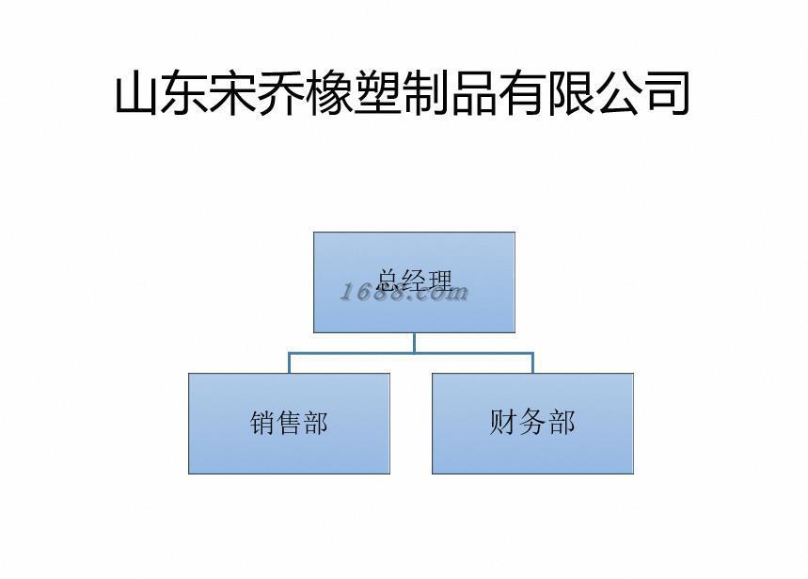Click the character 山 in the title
tap(138, 94)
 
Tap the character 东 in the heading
tap(185, 94)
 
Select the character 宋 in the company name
tap(234, 94)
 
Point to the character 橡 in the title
tap(330, 94)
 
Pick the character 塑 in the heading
tap(378, 94)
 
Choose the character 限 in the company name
tap(571, 94)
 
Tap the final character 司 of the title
tap(667, 94)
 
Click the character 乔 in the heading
tap(282, 94)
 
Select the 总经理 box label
tap(414, 279)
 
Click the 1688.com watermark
tap(404, 293)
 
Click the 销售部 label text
tap(289, 424)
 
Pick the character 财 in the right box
tap(505, 422)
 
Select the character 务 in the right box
tap(532, 422)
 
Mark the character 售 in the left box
tap(289, 424)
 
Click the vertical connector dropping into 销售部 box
tap(289, 362)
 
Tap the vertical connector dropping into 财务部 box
tap(532, 362)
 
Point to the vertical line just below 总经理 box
tap(414, 342)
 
